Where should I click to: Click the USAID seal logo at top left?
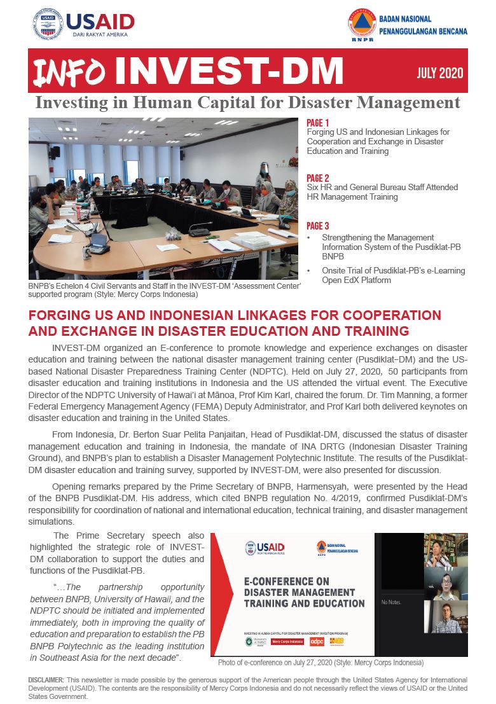(x=48, y=25)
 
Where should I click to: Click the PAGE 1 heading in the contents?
(x=317, y=123)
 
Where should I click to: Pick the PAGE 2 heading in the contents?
(x=317, y=178)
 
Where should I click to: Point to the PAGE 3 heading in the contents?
(x=317, y=226)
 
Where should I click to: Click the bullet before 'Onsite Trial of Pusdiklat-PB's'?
(x=308, y=271)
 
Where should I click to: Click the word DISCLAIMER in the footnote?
(x=46, y=680)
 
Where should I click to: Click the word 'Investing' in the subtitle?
(x=65, y=102)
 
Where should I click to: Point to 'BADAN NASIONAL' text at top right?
(x=404, y=19)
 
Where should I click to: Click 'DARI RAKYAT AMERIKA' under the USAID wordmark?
(x=97, y=34)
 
